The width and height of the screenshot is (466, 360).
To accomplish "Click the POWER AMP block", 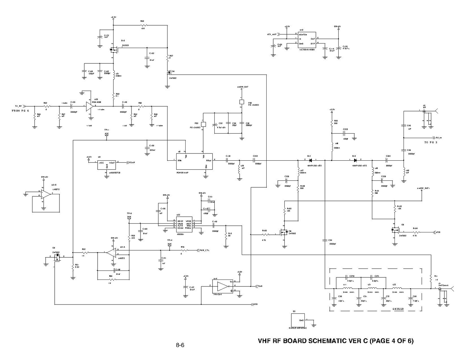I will [x=195, y=161].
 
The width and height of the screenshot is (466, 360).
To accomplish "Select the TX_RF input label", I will [x=19, y=106].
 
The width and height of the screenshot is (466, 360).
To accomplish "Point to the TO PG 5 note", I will [x=431, y=142].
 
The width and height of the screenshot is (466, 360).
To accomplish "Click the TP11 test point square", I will [x=107, y=134].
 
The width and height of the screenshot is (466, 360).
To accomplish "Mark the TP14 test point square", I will [x=170, y=245].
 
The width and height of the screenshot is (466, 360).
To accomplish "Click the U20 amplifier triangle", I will [x=89, y=106].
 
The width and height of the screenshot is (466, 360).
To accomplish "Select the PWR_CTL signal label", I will [x=205, y=250].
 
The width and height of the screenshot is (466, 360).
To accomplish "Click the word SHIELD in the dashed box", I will [x=398, y=309].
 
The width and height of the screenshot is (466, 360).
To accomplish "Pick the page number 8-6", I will [x=180, y=345].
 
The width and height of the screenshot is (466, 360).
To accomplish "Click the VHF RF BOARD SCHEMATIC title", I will [x=336, y=341].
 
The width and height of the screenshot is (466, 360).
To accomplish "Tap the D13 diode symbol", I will [x=355, y=160].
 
